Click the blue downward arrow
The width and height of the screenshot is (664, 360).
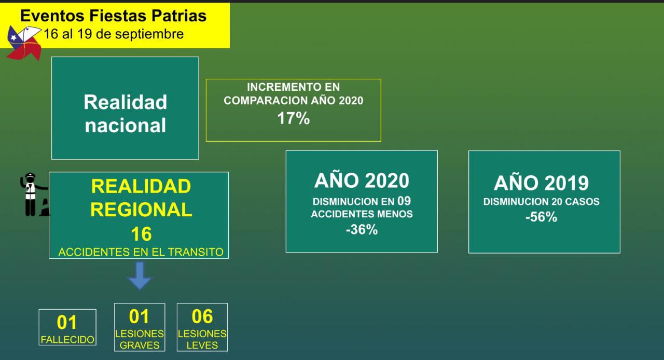(140, 275)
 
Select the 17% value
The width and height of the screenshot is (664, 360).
(294, 118)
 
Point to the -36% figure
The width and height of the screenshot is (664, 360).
(362, 229)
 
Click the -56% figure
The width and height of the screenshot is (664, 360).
(541, 217)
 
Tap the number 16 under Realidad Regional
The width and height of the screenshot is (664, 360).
(141, 234)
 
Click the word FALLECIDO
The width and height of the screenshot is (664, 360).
(67, 340)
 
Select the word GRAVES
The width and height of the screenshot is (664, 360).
(140, 345)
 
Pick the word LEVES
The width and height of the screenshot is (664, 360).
(202, 345)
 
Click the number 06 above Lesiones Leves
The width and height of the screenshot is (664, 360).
(202, 316)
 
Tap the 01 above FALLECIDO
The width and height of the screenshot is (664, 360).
(67, 322)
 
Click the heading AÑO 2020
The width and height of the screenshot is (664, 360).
(362, 181)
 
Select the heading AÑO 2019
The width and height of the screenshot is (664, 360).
(541, 183)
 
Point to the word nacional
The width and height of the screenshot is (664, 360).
(125, 125)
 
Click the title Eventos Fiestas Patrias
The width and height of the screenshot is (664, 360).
(113, 16)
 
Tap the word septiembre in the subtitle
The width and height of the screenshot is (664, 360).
(149, 34)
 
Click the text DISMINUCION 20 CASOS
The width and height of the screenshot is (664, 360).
(541, 202)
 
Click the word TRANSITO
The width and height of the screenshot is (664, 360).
(196, 252)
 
